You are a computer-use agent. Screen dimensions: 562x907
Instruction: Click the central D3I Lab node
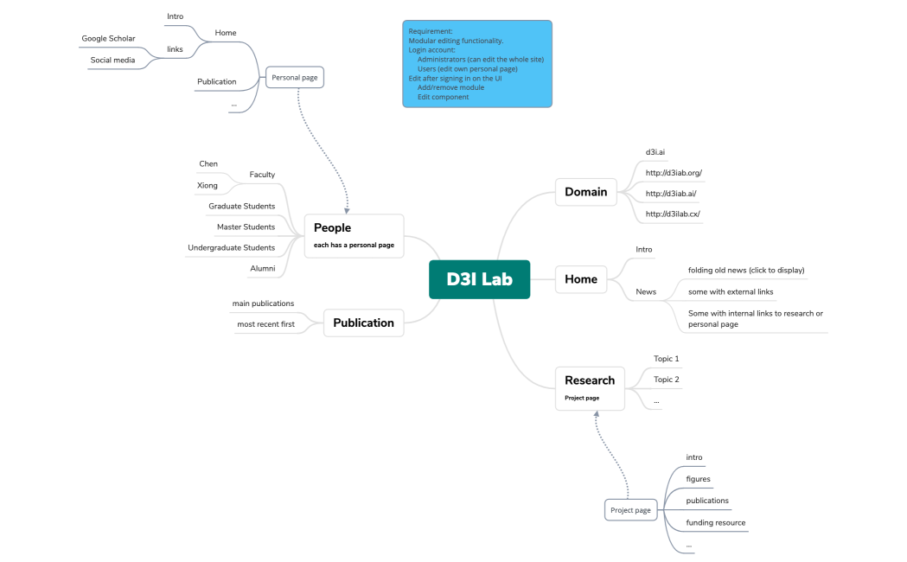point(479,279)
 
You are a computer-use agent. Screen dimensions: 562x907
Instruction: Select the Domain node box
point(585,192)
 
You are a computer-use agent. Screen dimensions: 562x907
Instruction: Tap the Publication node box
point(363,323)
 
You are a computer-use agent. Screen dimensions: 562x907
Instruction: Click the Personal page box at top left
point(295,78)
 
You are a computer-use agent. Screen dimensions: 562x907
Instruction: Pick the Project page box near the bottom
point(630,510)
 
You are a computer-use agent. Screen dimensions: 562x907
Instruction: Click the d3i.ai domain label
point(655,152)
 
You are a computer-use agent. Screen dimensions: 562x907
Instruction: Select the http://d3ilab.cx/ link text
point(673,214)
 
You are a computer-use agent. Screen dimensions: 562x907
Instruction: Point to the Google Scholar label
point(108,38)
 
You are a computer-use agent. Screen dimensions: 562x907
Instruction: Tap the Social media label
point(112,61)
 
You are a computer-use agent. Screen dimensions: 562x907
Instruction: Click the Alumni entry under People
point(262,268)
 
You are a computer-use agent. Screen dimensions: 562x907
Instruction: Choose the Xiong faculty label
point(208,185)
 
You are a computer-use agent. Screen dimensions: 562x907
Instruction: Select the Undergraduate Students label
point(231,247)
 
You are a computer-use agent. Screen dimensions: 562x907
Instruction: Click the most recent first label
point(265,324)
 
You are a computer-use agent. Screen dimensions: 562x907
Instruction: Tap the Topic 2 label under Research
point(666,380)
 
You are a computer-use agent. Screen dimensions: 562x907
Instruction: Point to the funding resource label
point(715,522)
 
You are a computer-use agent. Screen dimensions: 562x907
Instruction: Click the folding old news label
point(745,270)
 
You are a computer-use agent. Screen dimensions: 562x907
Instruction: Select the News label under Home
point(646,291)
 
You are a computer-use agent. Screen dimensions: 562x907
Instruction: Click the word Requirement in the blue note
point(430,31)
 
